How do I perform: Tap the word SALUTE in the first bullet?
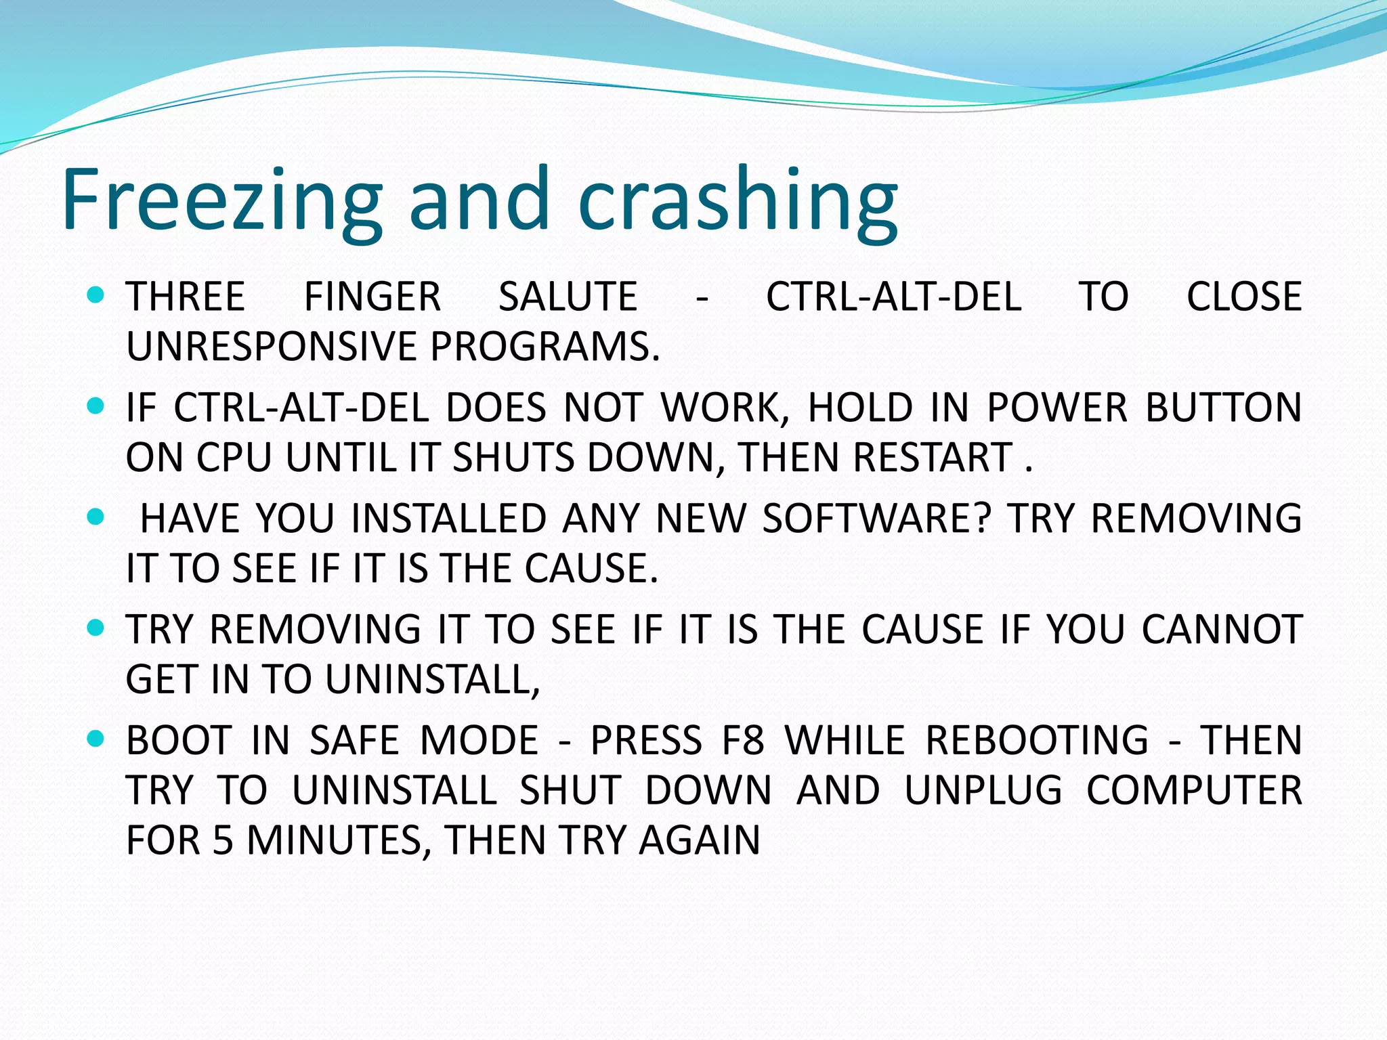tap(568, 297)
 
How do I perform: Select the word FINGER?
tap(372, 297)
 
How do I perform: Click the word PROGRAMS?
tap(545, 346)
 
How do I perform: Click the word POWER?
tap(1057, 408)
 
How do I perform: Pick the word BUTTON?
tap(1223, 408)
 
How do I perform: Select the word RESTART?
tap(933, 457)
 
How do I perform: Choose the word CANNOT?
tap(1222, 629)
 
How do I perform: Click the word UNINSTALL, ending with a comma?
tap(433, 679)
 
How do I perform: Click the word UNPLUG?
tap(983, 790)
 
